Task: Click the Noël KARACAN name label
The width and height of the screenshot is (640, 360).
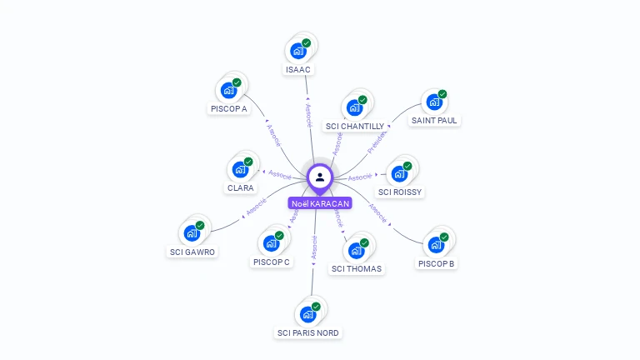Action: point(320,203)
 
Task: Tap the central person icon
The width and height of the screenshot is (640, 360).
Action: point(320,177)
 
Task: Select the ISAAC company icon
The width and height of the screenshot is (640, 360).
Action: point(297,48)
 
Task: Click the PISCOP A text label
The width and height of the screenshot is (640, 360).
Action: point(228,108)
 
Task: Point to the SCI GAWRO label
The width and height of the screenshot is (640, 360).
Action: point(192,252)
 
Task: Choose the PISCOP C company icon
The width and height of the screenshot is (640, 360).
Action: point(270,243)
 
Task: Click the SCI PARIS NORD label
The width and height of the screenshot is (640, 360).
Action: point(308,333)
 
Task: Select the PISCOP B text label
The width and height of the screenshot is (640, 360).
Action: point(436,264)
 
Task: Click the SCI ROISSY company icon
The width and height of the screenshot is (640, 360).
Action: point(399,174)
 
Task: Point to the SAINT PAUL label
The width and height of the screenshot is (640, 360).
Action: point(434,120)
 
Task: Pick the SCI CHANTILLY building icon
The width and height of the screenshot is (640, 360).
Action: point(354,107)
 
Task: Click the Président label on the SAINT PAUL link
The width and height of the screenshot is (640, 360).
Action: point(377,141)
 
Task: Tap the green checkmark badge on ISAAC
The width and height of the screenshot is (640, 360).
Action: point(307,42)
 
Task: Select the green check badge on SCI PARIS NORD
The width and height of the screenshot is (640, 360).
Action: point(316,307)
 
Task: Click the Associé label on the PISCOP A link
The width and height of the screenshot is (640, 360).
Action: point(273,134)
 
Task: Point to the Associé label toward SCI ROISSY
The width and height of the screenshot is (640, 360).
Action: point(360,177)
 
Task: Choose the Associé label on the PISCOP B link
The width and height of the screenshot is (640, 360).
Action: point(377,214)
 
